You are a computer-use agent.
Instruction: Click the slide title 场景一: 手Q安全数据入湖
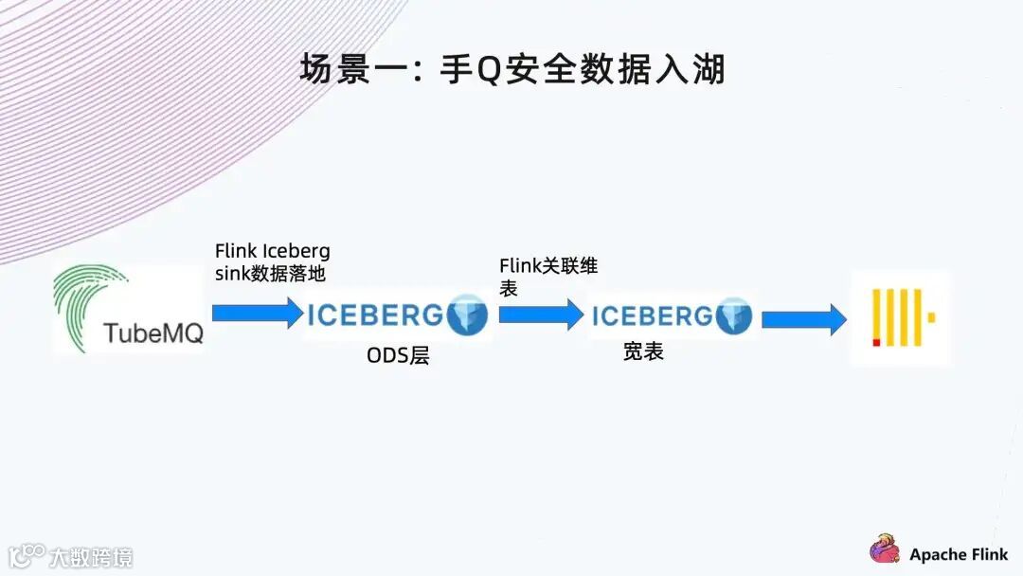coord(512,70)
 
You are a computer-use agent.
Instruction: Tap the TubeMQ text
coord(153,333)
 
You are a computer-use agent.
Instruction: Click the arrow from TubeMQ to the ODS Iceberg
coord(257,314)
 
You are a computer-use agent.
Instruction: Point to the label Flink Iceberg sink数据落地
coord(273,262)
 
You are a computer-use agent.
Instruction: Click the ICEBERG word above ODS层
coord(374,314)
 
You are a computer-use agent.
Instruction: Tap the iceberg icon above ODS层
coord(467,314)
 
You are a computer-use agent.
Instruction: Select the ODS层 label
coord(398,357)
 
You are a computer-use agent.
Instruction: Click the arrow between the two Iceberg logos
coord(541,314)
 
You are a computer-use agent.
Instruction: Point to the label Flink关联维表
coord(547,277)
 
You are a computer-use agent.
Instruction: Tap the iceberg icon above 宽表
coord(735,315)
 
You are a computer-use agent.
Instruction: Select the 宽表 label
coord(643,351)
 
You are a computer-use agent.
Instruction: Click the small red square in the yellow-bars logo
coord(877,342)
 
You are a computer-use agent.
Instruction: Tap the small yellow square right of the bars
coord(931,317)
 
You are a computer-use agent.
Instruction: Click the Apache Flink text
coord(959,554)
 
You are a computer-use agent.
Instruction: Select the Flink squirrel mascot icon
coord(886,549)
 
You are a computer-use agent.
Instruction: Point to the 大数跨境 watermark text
coord(91,556)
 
